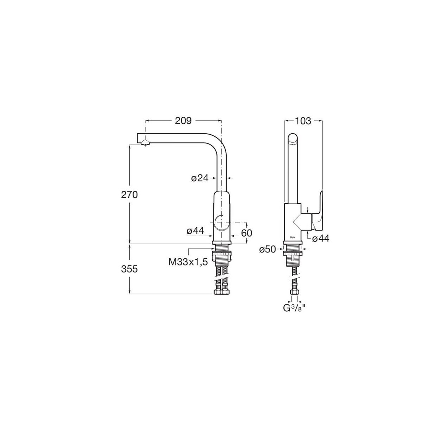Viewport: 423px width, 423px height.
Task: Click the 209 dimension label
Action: coord(183,121)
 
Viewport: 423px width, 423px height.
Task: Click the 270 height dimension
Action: coord(129,195)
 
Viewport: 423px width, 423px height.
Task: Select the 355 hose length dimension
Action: coord(129,269)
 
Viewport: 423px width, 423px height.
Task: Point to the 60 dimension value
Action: coord(246,233)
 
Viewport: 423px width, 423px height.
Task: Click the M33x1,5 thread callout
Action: coord(188,262)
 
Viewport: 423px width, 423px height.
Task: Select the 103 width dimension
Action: coord(303,121)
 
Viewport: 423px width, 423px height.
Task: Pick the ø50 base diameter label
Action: coord(267,250)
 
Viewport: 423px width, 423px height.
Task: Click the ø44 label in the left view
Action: coord(195,231)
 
